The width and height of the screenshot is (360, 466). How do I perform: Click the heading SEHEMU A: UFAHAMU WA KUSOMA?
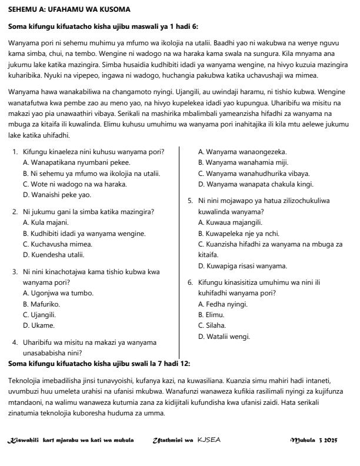pyautogui.click(x=69, y=10)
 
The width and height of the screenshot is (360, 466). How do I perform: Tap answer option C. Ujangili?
pyautogui.click(x=39, y=314)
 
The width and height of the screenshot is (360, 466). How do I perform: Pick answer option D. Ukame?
pyautogui.click(x=38, y=325)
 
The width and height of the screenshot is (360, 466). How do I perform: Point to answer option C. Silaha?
pyautogui.click(x=209, y=325)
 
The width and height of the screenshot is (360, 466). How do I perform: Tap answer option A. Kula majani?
pyautogui.click(x=45, y=222)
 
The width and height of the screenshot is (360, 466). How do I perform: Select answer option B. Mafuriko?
pyautogui.click(x=41, y=304)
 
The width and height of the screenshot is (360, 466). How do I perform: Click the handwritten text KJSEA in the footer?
pyautogui.click(x=209, y=440)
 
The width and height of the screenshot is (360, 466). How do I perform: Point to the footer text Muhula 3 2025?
pyautogui.click(x=319, y=440)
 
